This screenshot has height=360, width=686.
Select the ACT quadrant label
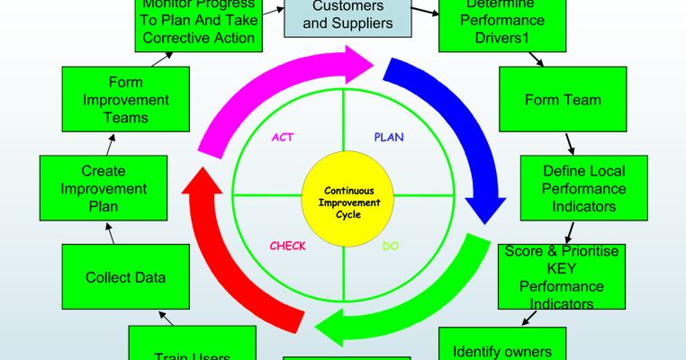283,138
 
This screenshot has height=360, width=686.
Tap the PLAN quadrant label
389,138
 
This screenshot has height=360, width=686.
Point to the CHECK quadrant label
288,246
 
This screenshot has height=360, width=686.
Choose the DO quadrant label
391,246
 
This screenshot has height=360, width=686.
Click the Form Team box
563,100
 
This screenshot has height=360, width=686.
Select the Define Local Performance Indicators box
584,188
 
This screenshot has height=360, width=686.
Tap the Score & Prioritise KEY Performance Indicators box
562,277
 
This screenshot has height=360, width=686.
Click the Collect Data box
125,277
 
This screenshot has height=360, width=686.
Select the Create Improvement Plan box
104,188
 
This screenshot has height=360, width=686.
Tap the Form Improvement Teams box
125,100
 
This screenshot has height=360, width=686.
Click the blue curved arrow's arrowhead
485,205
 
